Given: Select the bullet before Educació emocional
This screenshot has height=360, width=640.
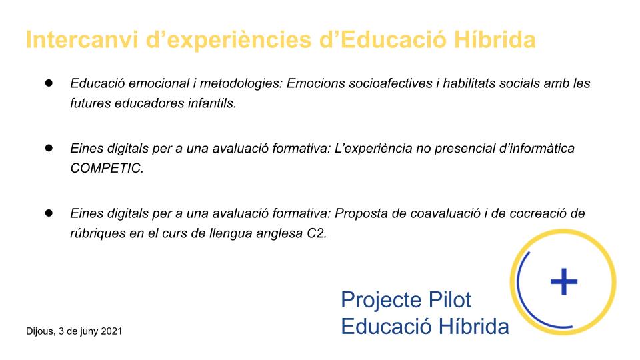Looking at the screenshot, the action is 49,83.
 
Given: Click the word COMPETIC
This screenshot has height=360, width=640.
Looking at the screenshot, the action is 107,168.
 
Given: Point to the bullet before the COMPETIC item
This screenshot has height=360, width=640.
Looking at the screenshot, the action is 49,148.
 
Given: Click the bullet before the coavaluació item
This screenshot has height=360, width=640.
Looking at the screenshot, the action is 49,213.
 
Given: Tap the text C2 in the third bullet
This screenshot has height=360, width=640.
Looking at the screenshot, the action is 317,233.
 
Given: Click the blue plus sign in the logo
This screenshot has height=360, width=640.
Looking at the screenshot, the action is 564,281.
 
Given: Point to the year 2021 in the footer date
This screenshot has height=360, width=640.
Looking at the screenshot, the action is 111,331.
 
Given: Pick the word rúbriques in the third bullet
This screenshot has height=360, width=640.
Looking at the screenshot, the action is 98,233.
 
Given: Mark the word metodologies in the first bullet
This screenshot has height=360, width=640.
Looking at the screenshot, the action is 241,84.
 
